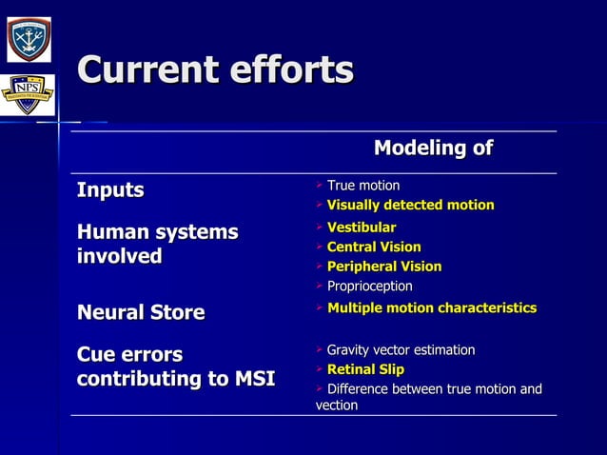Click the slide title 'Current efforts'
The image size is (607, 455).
(215, 71)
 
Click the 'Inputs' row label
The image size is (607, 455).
(110, 190)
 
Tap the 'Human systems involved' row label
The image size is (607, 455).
(157, 245)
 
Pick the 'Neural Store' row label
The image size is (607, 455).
(141, 312)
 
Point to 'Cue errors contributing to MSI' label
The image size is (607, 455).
(175, 367)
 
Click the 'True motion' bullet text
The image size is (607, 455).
(362, 186)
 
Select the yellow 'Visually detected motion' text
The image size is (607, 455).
(410, 206)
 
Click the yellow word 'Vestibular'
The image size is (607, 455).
(361, 227)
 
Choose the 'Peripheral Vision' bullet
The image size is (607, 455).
(383, 267)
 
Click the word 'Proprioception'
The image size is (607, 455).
(369, 287)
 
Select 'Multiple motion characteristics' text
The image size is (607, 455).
(431, 308)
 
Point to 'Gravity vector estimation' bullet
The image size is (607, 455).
(401, 350)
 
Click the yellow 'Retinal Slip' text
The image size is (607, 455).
(365, 369)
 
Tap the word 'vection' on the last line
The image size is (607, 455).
(337, 406)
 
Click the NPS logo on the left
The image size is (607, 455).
(27, 95)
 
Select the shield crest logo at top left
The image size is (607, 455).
(29, 37)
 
